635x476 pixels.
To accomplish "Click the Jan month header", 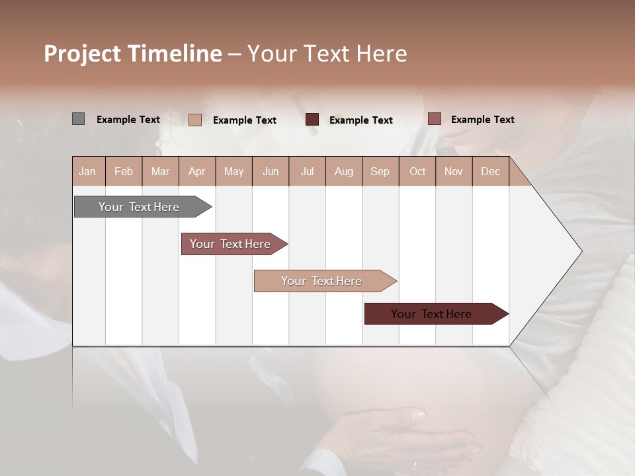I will tap(87, 171).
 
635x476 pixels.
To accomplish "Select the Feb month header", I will tap(124, 171).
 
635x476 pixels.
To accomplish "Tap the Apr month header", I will tap(196, 171).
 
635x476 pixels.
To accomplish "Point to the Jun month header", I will tap(271, 171).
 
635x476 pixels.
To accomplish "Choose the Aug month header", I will tap(344, 171).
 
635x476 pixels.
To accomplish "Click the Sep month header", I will tap(380, 171).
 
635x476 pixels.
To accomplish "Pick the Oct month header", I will tap(417, 171).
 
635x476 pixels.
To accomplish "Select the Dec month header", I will tap(490, 171).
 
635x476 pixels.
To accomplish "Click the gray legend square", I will tap(78, 119).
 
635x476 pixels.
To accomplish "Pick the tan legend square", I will tap(194, 120).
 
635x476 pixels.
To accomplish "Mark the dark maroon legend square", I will tap(312, 120).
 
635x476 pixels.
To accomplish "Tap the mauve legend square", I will tap(434, 119).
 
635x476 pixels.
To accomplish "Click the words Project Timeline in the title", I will tap(132, 54).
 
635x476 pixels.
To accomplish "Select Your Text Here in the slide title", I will tap(327, 54).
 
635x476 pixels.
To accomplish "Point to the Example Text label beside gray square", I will tap(128, 120).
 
